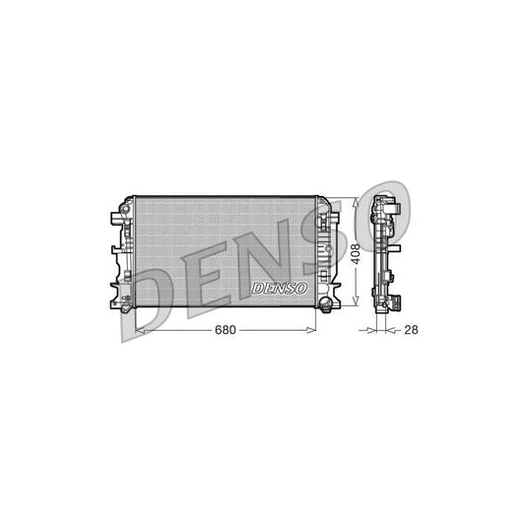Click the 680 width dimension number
pos(226,330)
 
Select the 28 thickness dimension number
pos(412,330)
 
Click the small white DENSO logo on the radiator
pos(279,288)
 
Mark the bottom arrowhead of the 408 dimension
pos(356,303)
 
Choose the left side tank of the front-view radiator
pos(126,251)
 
